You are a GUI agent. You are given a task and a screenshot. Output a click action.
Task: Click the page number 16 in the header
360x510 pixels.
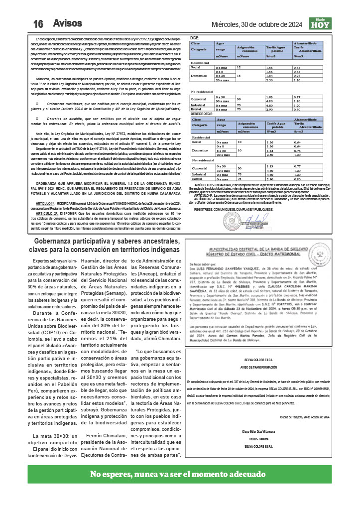[38, 24]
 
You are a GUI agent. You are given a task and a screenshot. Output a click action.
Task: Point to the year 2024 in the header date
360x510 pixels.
[293, 24]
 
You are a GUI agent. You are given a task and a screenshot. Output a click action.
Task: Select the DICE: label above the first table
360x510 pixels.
[195, 38]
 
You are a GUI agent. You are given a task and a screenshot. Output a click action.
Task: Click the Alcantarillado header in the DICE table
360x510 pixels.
[309, 44]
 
